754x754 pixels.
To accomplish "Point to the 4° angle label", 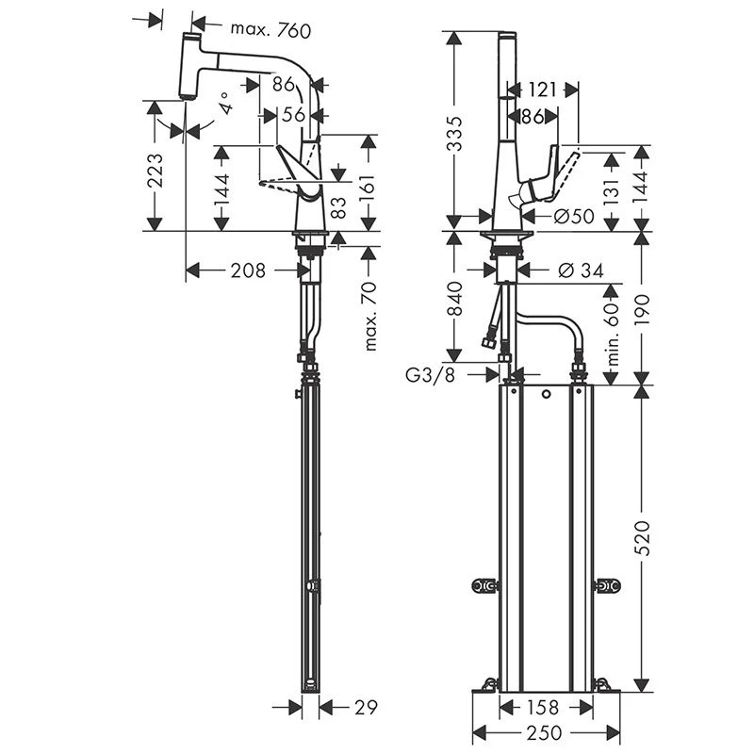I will (225, 103).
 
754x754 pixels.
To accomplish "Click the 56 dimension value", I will (293, 116).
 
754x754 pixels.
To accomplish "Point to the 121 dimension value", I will (542, 90).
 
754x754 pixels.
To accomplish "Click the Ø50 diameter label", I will (574, 217).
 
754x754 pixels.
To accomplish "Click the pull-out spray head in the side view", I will (188, 66).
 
